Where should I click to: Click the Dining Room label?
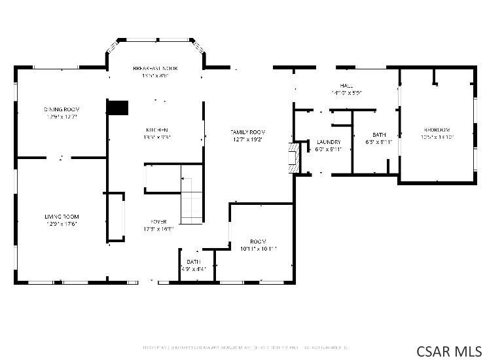click(x=62, y=109)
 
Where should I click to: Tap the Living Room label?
click(x=62, y=217)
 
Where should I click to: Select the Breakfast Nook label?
click(x=155, y=68)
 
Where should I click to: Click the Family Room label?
click(x=247, y=132)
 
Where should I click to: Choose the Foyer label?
click(x=158, y=222)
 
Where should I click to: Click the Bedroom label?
click(x=437, y=130)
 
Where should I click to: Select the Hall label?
click(x=346, y=86)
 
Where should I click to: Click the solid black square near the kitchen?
click(x=118, y=107)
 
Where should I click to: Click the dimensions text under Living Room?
click(x=62, y=225)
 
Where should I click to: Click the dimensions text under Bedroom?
click(x=437, y=137)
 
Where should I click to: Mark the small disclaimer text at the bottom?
click(x=245, y=347)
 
